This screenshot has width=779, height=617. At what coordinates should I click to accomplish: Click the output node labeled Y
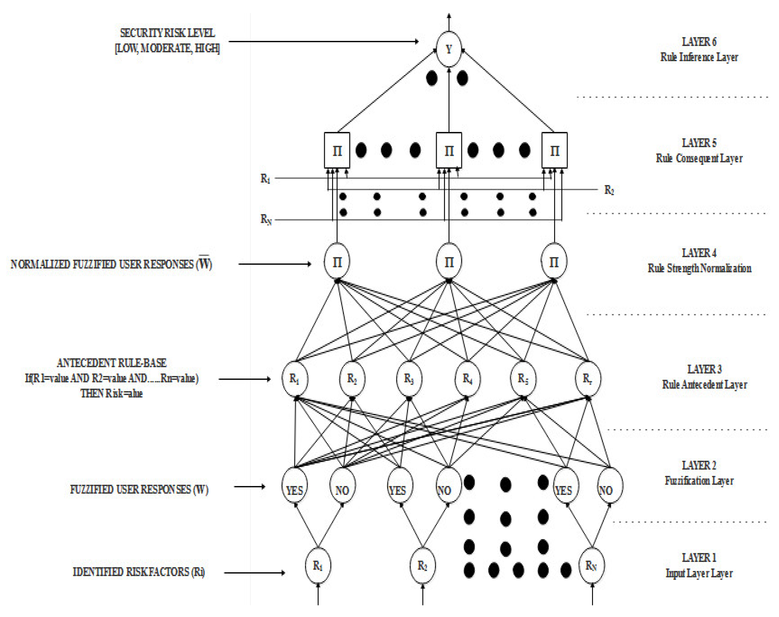click(448, 49)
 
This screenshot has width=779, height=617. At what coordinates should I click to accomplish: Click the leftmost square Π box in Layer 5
click(337, 150)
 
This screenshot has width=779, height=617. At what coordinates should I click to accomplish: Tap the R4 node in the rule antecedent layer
click(467, 379)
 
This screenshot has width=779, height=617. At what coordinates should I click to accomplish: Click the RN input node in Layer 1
click(591, 566)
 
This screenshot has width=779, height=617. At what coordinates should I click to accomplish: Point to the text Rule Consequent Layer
click(699, 159)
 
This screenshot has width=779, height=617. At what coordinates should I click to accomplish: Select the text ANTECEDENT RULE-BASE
click(111, 363)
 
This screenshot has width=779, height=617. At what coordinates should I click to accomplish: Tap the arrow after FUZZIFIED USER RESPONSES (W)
click(249, 487)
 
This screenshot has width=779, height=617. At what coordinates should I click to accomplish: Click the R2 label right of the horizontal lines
click(609, 190)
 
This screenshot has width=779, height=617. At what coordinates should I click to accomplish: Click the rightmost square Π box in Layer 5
click(554, 150)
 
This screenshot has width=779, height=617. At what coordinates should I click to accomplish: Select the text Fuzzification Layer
click(699, 481)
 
